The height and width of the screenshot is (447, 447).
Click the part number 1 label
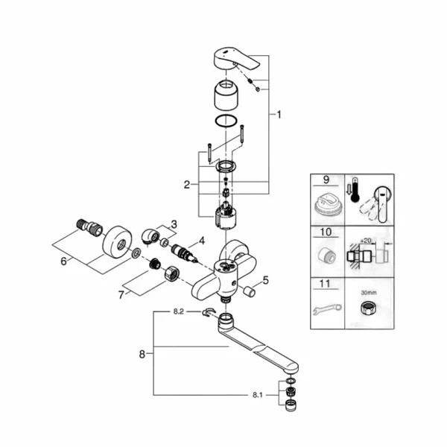279,115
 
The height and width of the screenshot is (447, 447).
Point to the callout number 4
200,241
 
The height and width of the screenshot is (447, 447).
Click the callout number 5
265,281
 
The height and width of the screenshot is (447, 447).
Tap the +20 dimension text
366,242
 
